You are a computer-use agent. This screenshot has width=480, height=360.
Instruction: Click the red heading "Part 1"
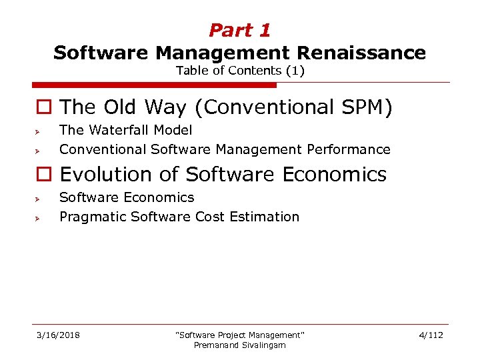click(x=239, y=30)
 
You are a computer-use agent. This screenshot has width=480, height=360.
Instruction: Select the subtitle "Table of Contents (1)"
click(x=240, y=71)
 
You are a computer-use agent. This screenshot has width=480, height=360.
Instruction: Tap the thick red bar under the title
click(x=154, y=85)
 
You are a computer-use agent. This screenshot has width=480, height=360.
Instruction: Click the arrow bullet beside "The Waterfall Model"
click(x=39, y=131)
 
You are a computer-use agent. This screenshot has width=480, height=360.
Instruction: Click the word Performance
click(x=349, y=149)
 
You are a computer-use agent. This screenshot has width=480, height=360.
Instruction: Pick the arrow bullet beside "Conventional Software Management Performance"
click(x=39, y=151)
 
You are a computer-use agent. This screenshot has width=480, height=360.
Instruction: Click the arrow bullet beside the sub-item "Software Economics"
click(x=39, y=199)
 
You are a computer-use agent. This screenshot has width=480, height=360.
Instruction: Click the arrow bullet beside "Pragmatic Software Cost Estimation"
click(x=39, y=218)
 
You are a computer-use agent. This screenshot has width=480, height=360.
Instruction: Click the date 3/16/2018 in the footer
click(x=58, y=335)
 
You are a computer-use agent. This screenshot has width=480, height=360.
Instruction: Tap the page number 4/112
click(x=431, y=335)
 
